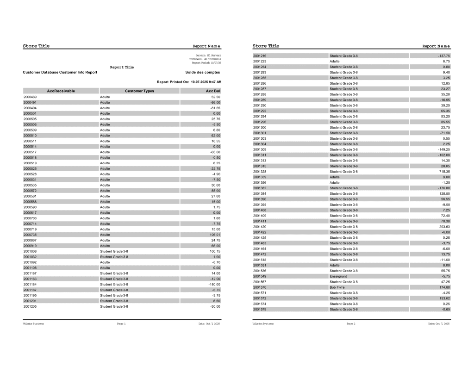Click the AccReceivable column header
pos(61,91)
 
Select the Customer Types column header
pos(139,91)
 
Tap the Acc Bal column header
pos(213,91)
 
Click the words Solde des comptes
pos(200,72)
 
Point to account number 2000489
pos(30,97)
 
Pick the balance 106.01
pos(214,235)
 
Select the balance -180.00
pos(213,284)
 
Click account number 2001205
pos(30,306)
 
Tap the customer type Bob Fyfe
pos(337,287)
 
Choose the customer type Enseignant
pos(338,276)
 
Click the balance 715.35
pos(443,172)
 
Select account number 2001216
pos(260,56)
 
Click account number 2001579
pos(260,309)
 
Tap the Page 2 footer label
pos(351,324)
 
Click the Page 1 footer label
pos(121,324)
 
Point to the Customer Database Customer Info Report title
pos(60,72)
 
